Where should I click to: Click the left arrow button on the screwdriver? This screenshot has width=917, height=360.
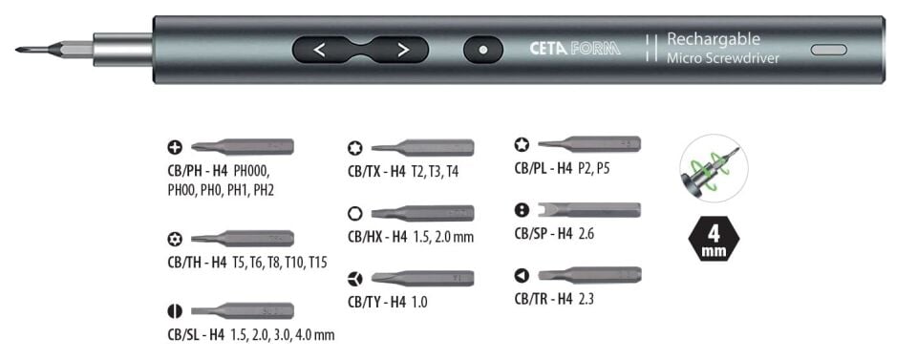[319, 50]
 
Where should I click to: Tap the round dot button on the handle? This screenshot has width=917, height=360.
[483, 50]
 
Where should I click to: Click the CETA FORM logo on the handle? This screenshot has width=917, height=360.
[575, 49]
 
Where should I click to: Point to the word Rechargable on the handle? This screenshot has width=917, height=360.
[714, 39]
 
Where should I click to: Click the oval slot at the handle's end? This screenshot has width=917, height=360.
[829, 50]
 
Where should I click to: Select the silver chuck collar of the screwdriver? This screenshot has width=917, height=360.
[123, 50]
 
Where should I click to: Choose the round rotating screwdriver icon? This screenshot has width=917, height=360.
[714, 168]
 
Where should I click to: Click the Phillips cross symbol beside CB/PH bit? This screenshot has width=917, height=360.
[174, 147]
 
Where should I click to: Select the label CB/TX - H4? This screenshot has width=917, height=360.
[376, 172]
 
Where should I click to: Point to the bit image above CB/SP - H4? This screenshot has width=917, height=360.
[587, 210]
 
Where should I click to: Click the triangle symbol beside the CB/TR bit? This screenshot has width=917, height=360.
[522, 275]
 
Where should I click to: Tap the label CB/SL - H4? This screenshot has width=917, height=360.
[196, 335]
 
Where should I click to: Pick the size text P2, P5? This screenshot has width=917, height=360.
[593, 169]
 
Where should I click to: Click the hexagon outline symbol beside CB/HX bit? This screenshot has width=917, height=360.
[354, 213]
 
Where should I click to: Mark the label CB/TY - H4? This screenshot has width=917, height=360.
[376, 302]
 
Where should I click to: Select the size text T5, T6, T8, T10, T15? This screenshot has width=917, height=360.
[280, 263]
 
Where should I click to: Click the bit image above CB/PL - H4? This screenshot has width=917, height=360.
[589, 144]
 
